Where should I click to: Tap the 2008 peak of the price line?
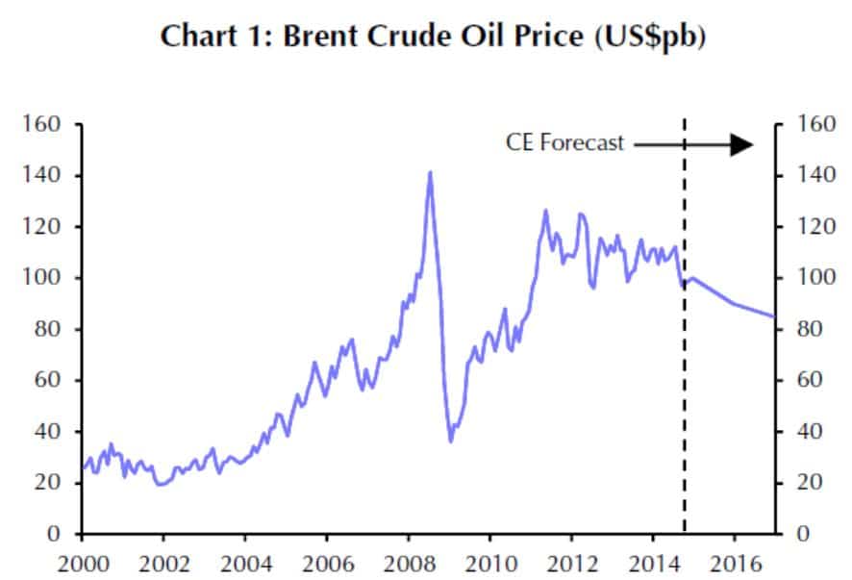[429, 173]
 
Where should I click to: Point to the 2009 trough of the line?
[451, 441]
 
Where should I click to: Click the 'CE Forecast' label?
[564, 143]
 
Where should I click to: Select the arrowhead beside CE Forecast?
[740, 144]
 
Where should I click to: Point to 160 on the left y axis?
[45, 125]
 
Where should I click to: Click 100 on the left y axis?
[45, 278]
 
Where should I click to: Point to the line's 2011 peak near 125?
[545, 211]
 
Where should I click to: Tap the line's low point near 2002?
[160, 484]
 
